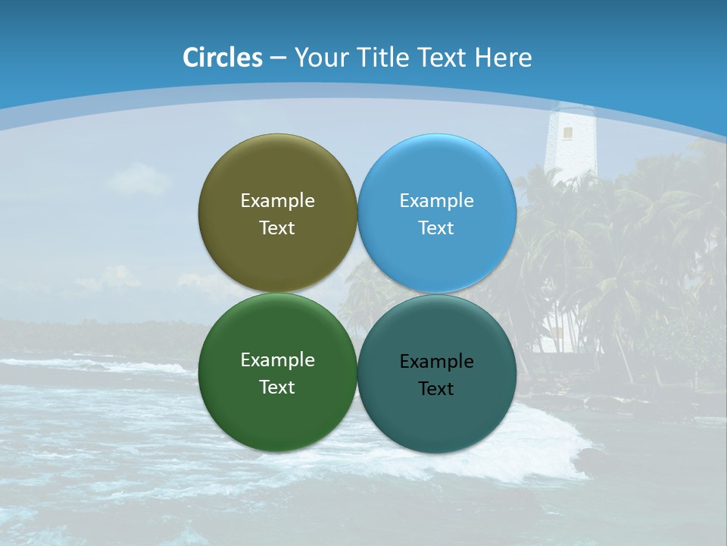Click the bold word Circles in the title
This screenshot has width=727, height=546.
(223, 58)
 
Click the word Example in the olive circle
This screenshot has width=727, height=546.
(277, 201)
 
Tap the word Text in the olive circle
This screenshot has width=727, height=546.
(277, 228)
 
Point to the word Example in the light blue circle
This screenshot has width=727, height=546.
(437, 201)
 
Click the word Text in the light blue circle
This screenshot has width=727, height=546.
(437, 228)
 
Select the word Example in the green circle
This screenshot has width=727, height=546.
(277, 360)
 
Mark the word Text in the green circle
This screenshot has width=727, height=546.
(277, 388)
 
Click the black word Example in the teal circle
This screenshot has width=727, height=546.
(437, 362)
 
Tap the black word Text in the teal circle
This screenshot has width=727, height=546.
(437, 389)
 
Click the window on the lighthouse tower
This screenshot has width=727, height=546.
(567, 133)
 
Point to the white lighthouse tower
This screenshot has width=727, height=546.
(571, 148)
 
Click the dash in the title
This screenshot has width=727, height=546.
(277, 58)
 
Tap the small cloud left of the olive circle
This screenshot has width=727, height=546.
(139, 180)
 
